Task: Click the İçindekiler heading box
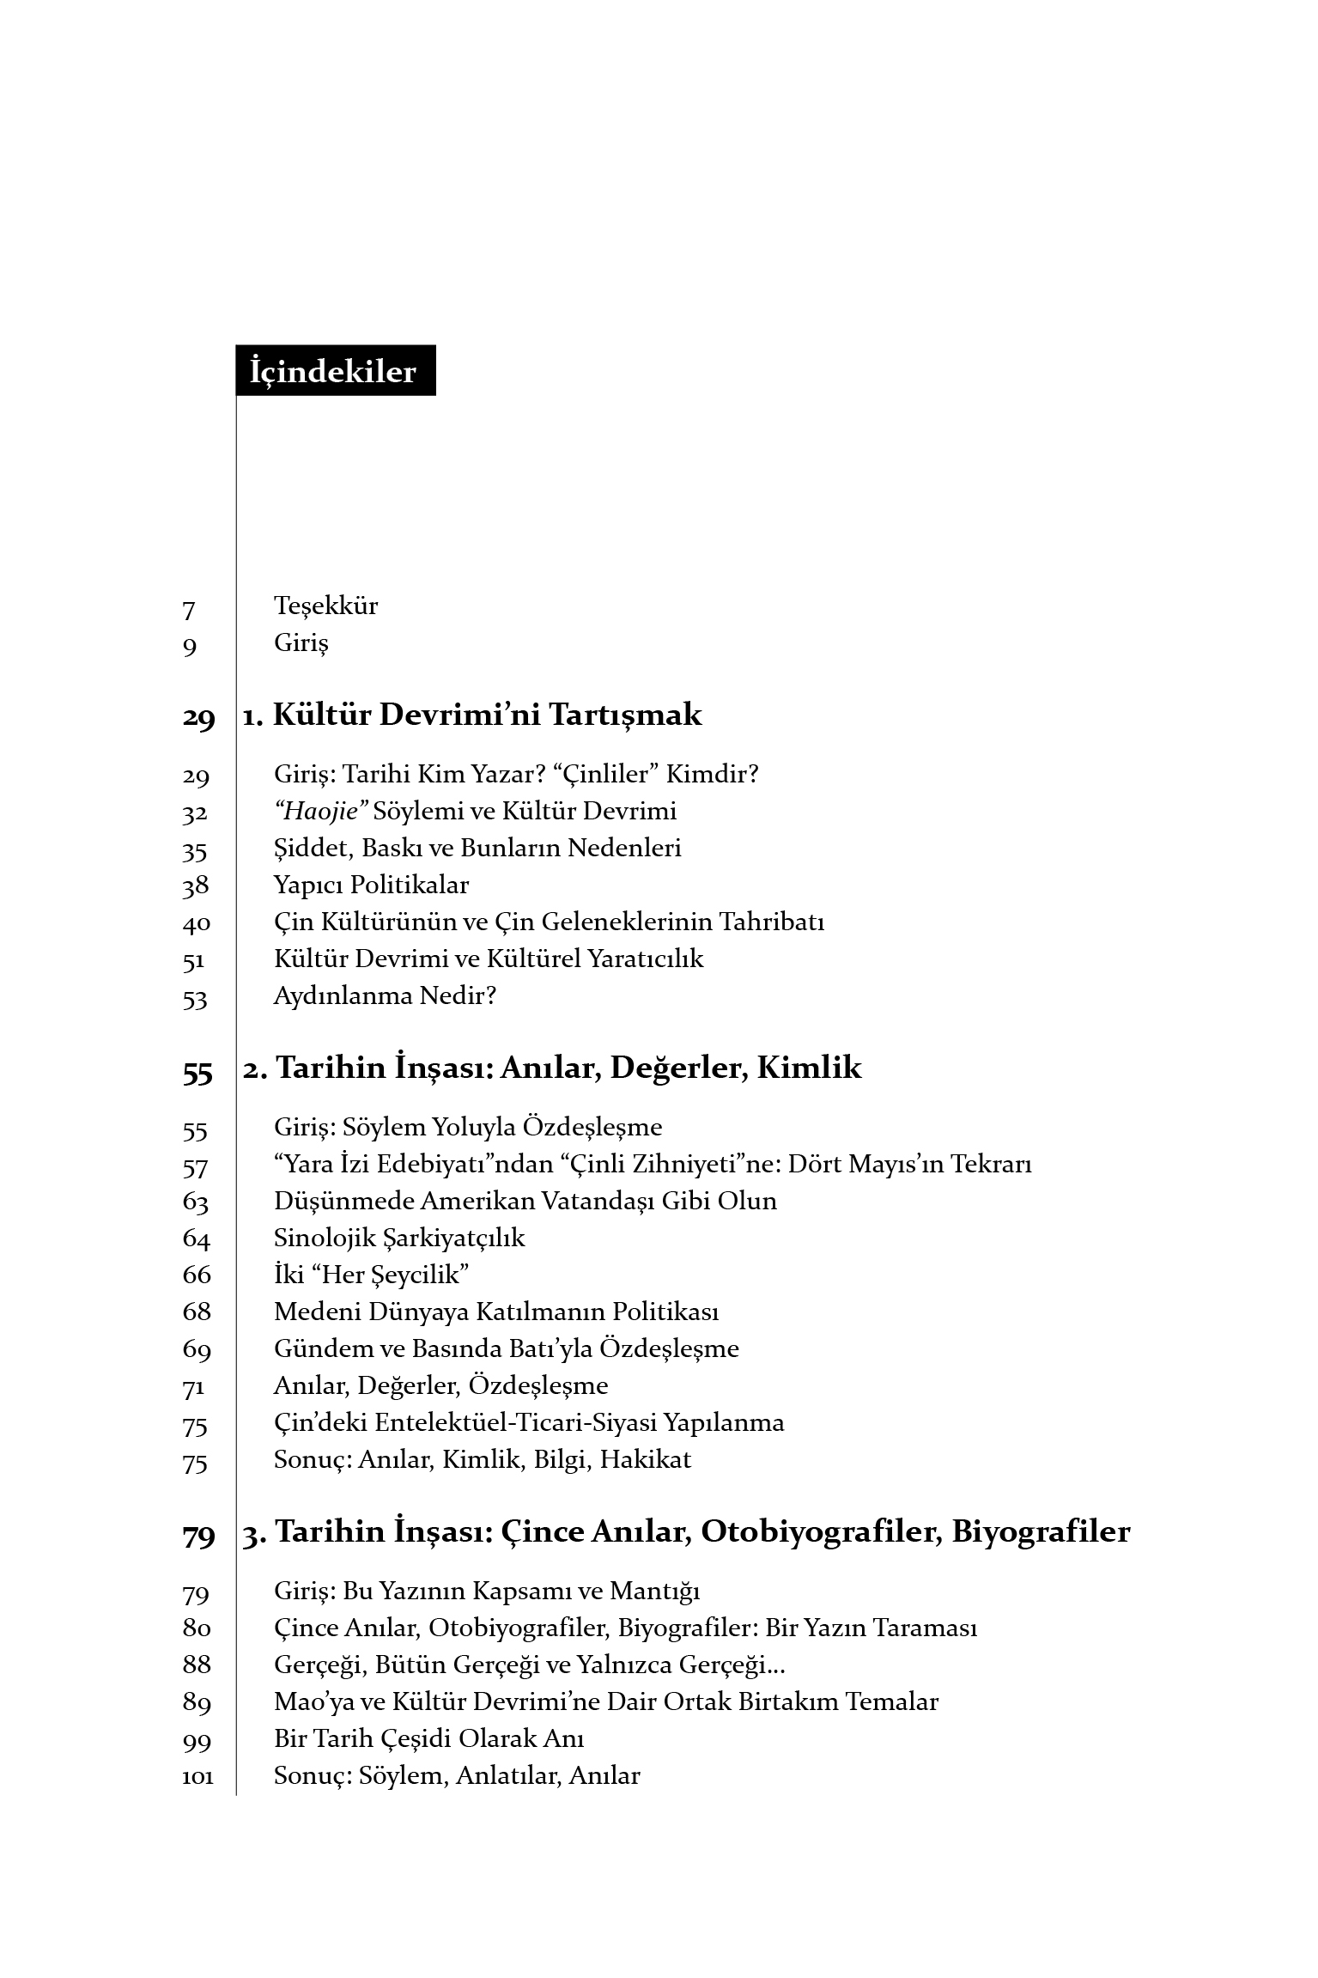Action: (x=335, y=371)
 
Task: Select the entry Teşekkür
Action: (x=325, y=606)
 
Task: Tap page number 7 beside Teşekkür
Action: (x=189, y=610)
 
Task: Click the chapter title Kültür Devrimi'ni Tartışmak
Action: (x=487, y=715)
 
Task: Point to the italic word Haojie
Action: (x=320, y=812)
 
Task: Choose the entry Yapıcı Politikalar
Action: (x=371, y=885)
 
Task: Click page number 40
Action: (x=196, y=924)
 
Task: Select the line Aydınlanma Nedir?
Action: (x=385, y=996)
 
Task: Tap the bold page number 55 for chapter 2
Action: (x=197, y=1072)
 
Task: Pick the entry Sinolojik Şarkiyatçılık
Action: (x=398, y=1238)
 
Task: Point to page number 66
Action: (x=197, y=1275)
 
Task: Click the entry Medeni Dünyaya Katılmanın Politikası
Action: (x=496, y=1312)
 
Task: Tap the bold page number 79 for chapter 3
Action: (x=197, y=1536)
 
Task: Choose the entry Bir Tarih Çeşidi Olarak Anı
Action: (x=428, y=1739)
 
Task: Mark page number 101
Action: (x=197, y=1778)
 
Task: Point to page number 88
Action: (x=197, y=1665)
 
